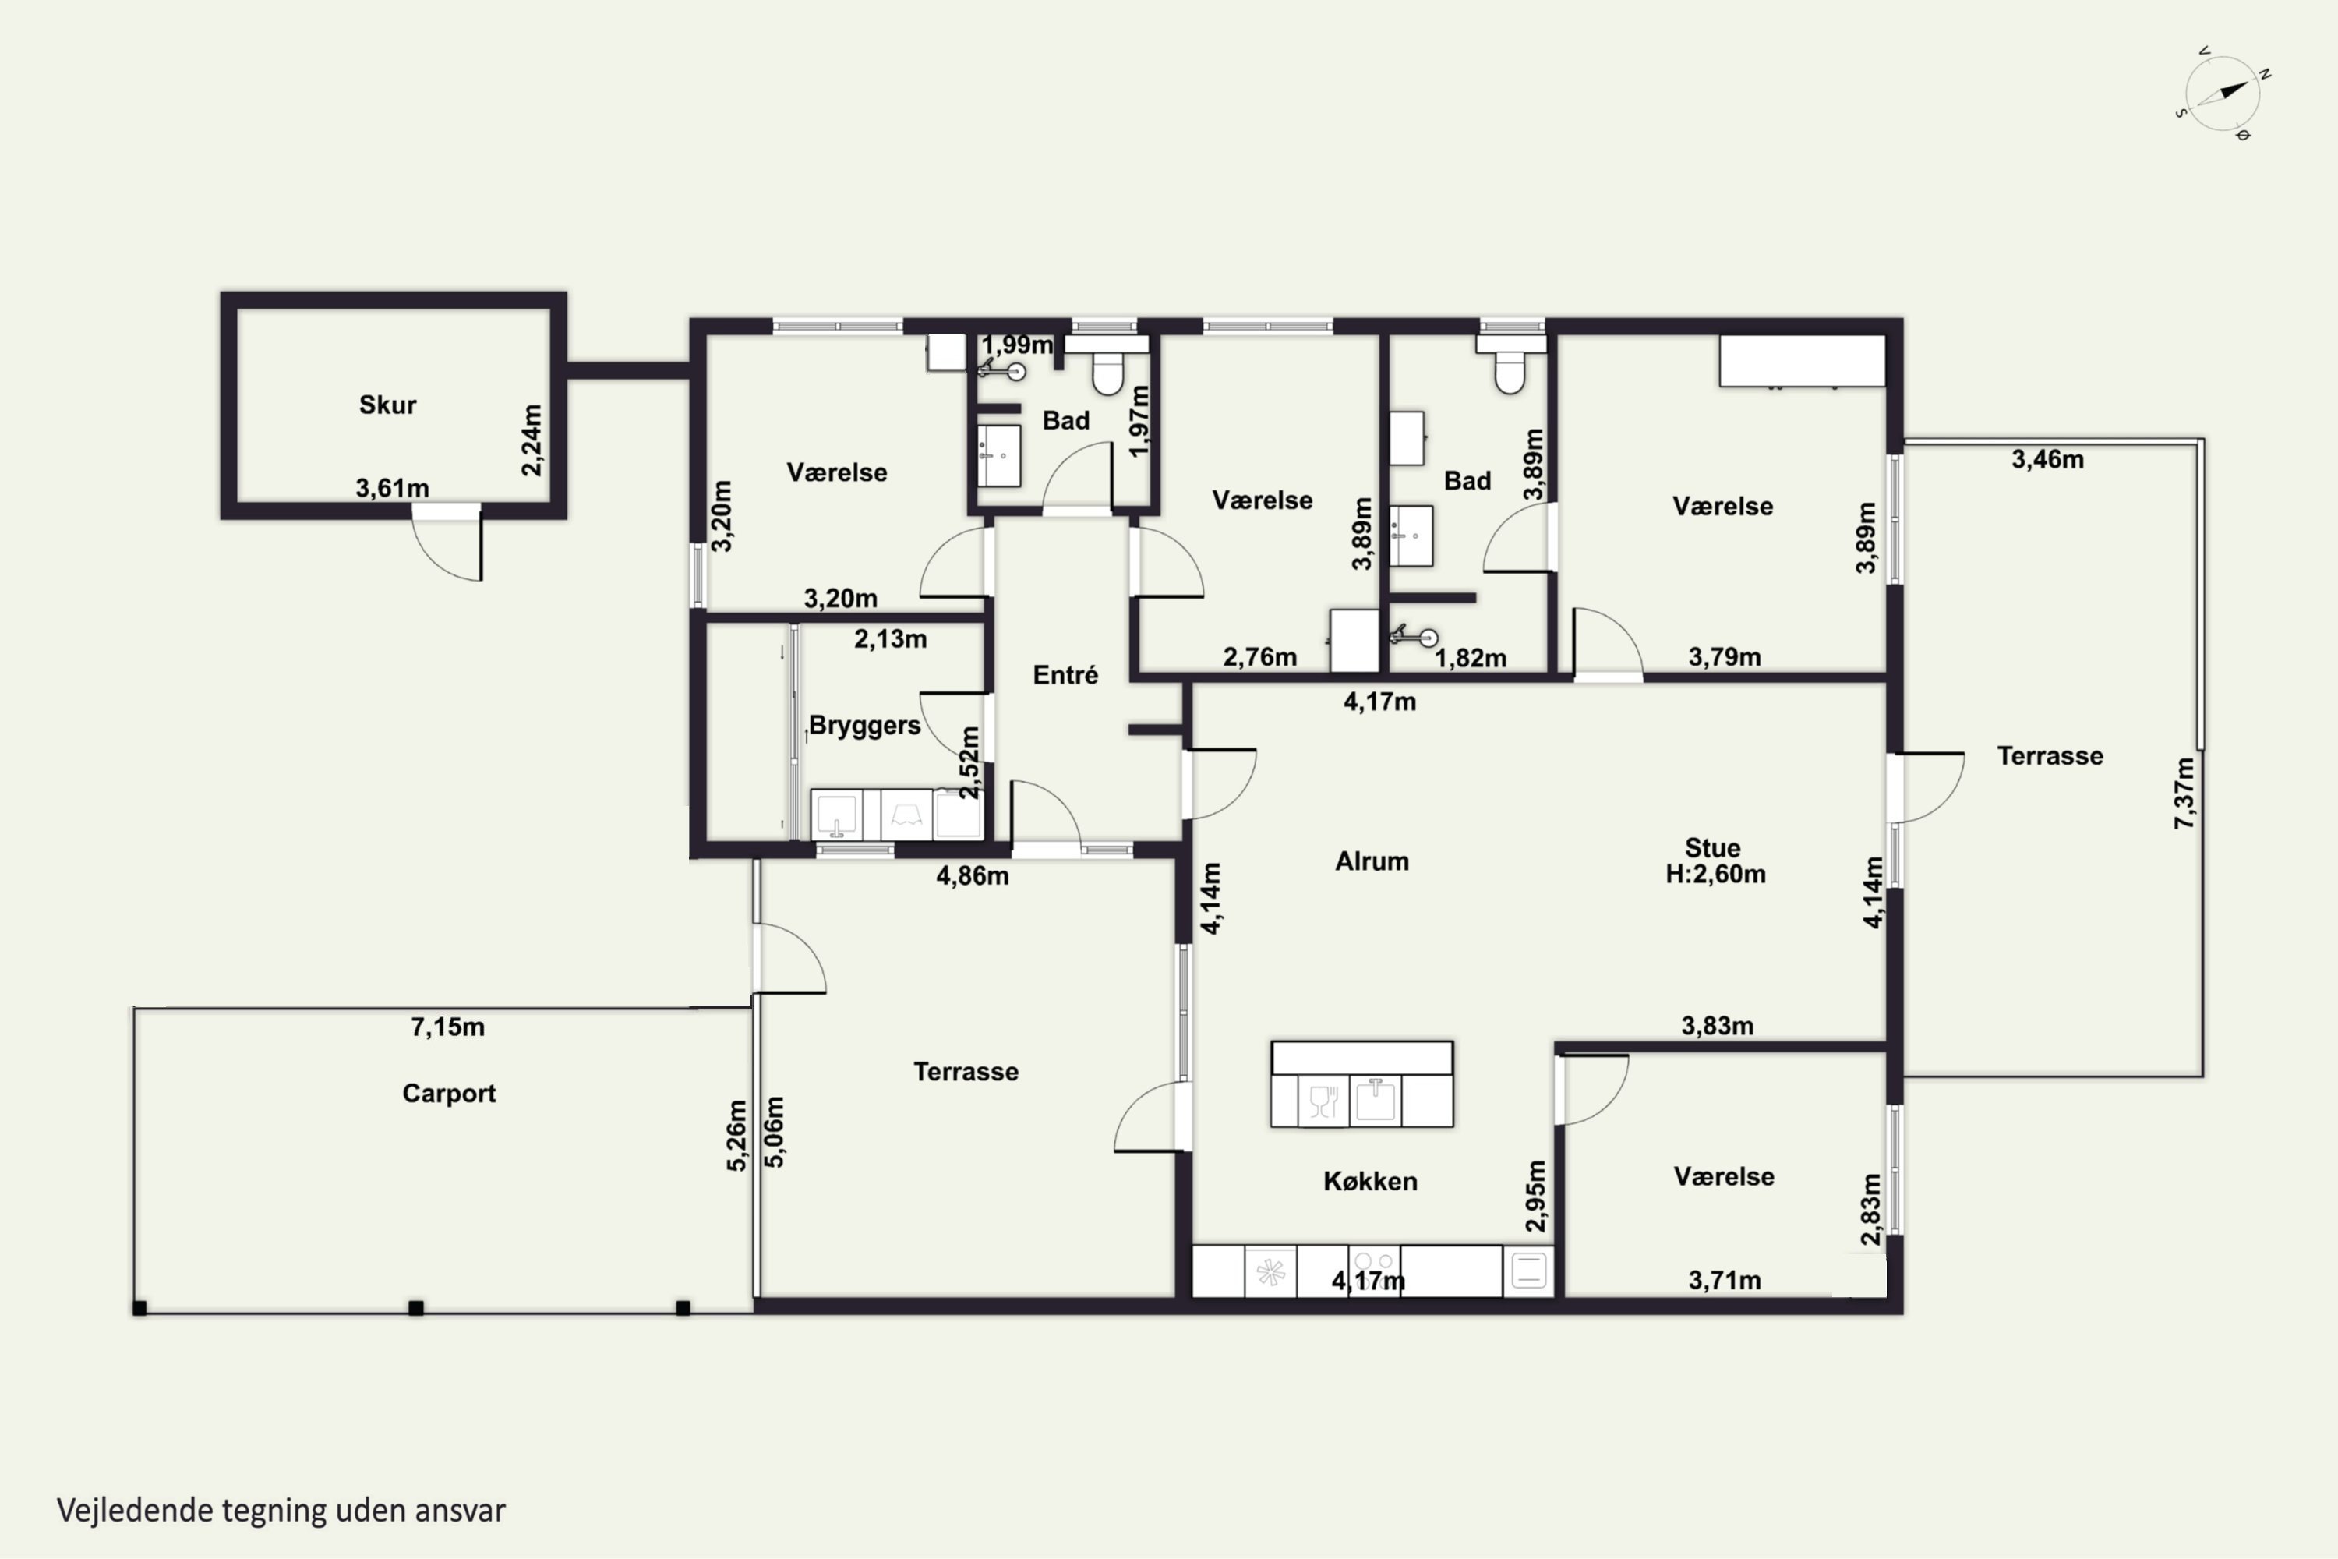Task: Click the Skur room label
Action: [x=387, y=405]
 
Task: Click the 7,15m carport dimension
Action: [x=448, y=1027]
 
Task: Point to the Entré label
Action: [x=1065, y=675]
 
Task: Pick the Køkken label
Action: [x=1371, y=1181]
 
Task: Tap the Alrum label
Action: [x=1372, y=861]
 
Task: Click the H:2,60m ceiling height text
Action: [x=1716, y=874]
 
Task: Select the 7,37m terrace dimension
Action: [x=2184, y=794]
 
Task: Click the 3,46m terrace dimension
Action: [x=2048, y=459]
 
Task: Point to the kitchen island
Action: [x=1361, y=1084]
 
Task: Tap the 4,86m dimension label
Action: [x=972, y=876]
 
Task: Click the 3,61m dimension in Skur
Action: [x=393, y=488]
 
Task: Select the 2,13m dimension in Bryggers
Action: [x=891, y=639]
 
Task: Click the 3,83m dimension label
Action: [x=1718, y=1025]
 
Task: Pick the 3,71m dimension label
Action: [x=1725, y=1281]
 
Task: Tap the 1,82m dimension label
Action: [x=1470, y=658]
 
